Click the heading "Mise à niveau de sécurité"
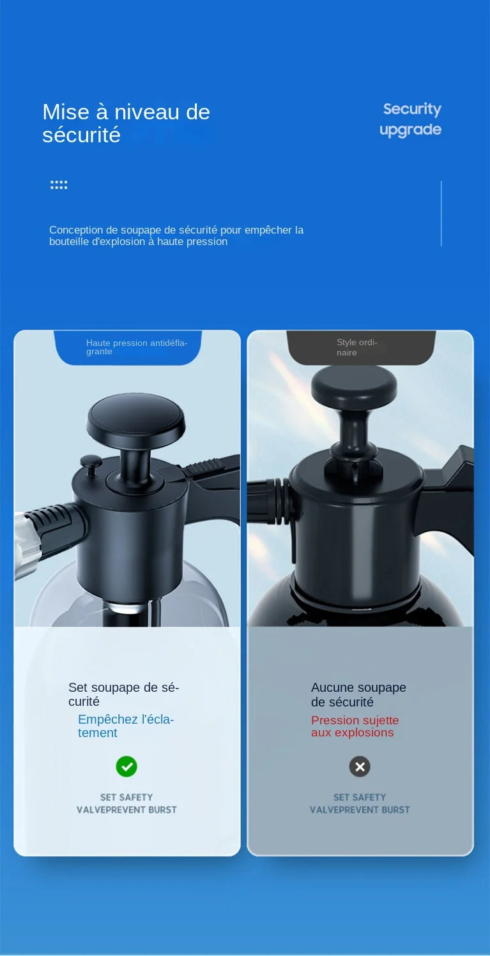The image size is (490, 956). (126, 123)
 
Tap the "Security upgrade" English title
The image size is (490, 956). (411, 119)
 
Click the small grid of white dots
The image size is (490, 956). (59, 185)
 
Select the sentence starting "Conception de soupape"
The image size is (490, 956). (176, 235)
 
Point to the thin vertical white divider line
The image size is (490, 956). (441, 213)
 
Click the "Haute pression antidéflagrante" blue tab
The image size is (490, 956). (128, 347)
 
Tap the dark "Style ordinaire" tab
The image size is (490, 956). (360, 347)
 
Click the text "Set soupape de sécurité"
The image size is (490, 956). (123, 694)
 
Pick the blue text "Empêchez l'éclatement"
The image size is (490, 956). (126, 726)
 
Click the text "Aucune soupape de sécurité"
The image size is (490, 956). (358, 694)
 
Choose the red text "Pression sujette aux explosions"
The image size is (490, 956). (355, 726)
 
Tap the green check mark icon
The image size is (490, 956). (126, 766)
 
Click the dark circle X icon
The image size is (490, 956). (360, 766)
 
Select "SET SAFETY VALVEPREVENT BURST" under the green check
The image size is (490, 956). (126, 803)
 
